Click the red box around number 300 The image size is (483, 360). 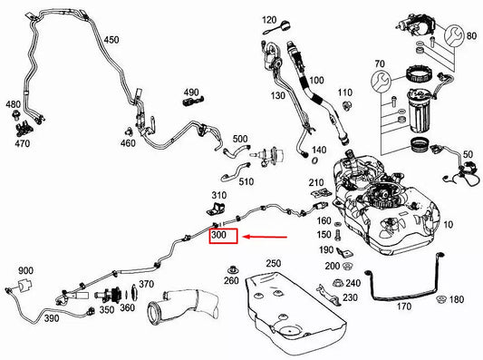222,238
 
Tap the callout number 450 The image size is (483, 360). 110,40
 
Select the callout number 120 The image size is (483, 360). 271,20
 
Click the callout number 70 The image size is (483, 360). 379,64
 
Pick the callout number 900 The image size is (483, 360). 25,270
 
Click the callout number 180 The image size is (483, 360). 456,300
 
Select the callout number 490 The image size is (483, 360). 191,92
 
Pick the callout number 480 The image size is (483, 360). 13,104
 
